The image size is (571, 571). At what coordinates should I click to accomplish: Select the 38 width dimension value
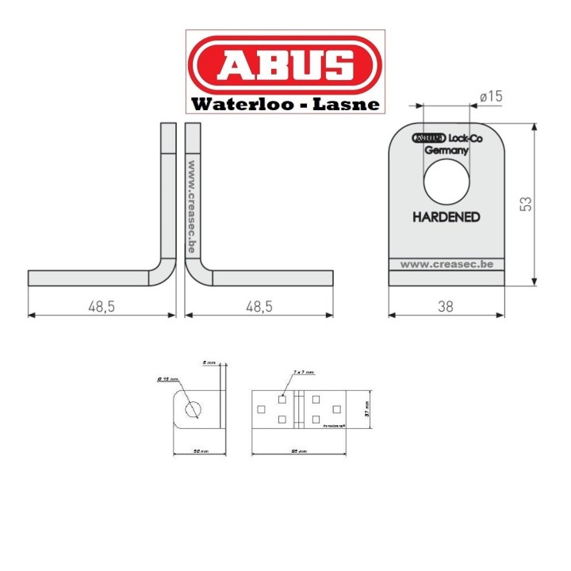[x=446, y=306]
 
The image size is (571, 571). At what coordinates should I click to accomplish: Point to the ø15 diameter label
[x=492, y=97]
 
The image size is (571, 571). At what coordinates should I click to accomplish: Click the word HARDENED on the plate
[x=446, y=217]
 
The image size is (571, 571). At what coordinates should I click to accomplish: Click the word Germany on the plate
[x=446, y=150]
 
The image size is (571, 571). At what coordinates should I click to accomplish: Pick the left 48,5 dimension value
[x=102, y=306]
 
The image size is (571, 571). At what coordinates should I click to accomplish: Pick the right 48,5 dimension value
[x=258, y=306]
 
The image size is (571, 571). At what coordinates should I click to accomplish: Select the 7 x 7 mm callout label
[x=304, y=371]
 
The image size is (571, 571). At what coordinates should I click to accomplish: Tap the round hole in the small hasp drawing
[x=192, y=409]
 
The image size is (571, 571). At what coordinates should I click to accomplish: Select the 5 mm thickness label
[x=209, y=362]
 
